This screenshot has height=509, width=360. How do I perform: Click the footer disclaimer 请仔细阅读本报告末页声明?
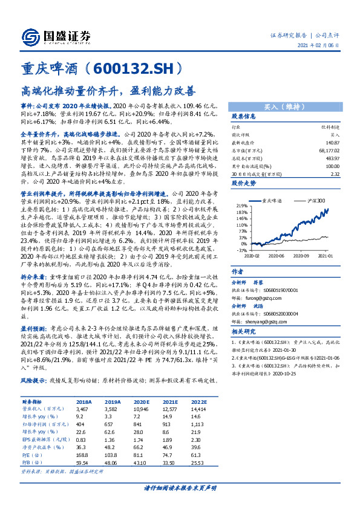click(180, 487)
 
